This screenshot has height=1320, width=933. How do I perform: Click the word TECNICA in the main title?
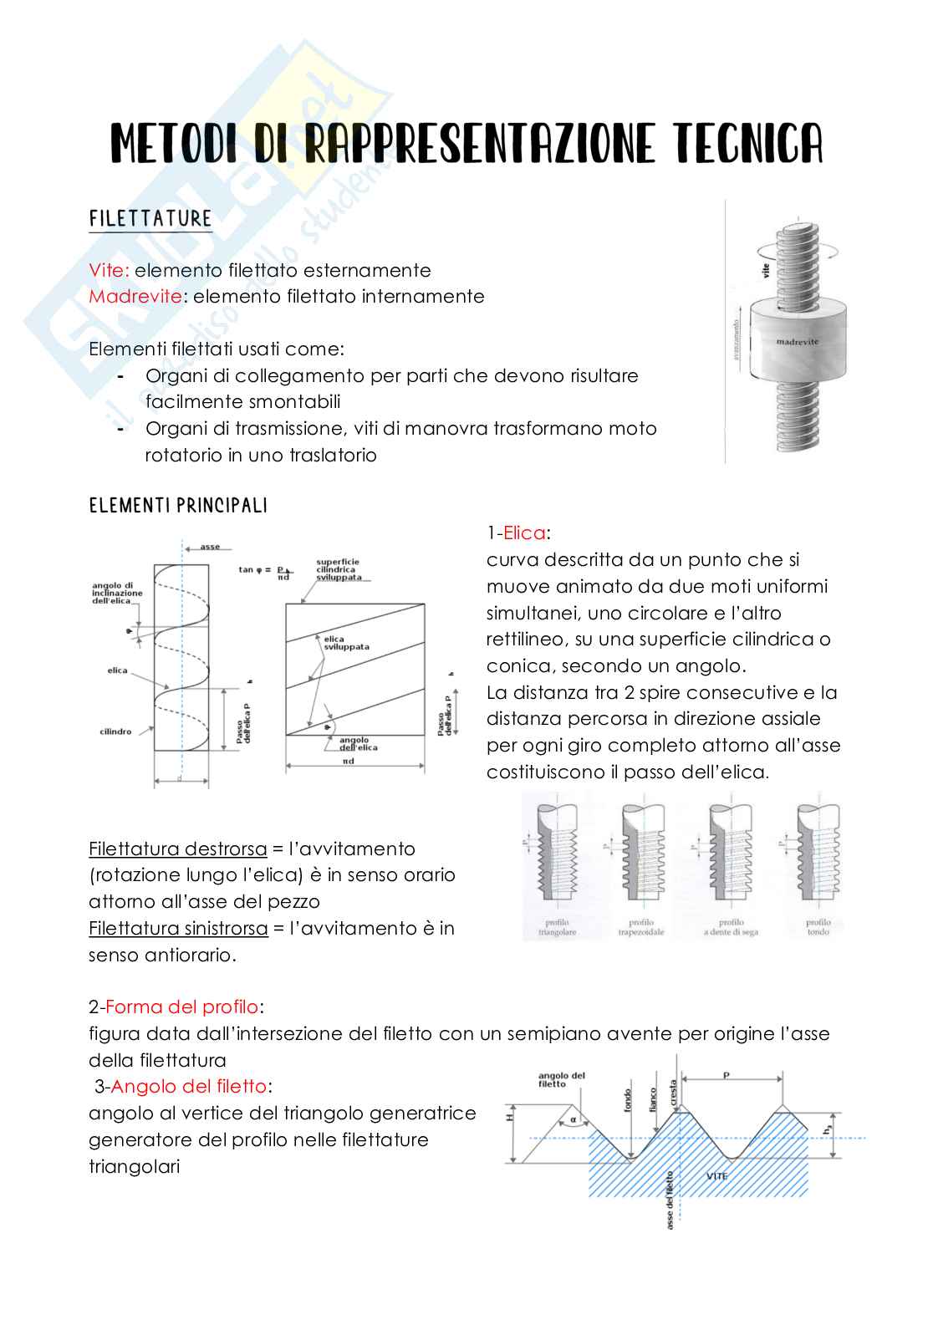tap(748, 144)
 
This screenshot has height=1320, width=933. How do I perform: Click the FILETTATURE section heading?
tap(150, 219)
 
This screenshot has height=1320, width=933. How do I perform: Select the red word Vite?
tap(110, 271)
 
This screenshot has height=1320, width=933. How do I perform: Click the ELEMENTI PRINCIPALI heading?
tap(178, 506)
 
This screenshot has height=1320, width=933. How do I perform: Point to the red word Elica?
tap(524, 533)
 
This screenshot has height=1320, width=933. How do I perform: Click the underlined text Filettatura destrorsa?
tap(177, 849)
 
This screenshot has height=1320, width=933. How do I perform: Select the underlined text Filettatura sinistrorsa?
tap(178, 929)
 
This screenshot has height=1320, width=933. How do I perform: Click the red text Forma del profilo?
tap(181, 1007)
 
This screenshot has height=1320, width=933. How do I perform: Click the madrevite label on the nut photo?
tap(797, 341)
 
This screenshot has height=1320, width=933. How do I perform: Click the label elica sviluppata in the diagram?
tap(345, 643)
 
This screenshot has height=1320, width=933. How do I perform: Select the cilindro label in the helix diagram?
tap(115, 731)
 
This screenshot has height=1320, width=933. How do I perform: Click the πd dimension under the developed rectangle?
tap(348, 762)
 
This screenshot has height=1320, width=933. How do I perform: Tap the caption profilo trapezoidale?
tap(640, 927)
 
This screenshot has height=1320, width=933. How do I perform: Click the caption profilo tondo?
tap(818, 927)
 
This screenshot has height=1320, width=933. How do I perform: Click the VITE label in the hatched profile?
tap(716, 1175)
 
